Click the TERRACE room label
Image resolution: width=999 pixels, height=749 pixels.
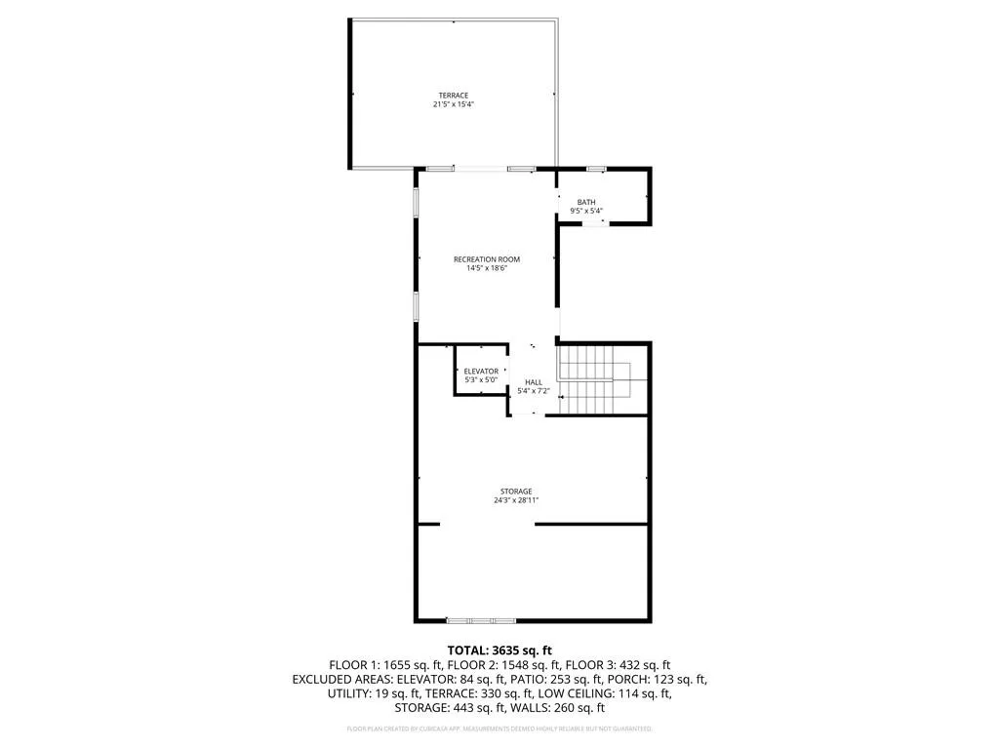pos(453,96)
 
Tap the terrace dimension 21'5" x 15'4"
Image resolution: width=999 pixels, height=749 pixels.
pos(453,104)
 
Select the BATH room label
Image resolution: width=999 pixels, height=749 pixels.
pos(585,202)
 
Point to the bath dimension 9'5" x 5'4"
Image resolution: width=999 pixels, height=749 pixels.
pos(586,211)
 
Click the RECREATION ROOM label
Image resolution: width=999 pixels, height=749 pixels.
pos(486,259)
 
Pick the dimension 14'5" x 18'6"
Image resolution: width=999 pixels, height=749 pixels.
pos(486,268)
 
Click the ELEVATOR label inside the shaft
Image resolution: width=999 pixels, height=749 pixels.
pos(481,371)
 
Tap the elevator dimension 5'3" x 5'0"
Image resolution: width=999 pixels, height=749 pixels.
pos(481,379)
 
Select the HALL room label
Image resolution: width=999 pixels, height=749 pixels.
pos(534,382)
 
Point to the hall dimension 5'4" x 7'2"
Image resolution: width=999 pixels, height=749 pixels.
pos(534,391)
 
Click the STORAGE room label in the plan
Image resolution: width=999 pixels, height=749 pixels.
pos(516,492)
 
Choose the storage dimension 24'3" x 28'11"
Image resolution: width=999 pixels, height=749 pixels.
pos(516,500)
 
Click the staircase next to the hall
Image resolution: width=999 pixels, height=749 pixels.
pos(595,380)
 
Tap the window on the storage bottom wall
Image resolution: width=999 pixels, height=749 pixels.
pos(480,620)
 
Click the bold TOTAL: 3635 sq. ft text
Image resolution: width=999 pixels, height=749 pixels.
pos(499,650)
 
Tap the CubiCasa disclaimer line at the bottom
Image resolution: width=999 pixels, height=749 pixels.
pos(499,729)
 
